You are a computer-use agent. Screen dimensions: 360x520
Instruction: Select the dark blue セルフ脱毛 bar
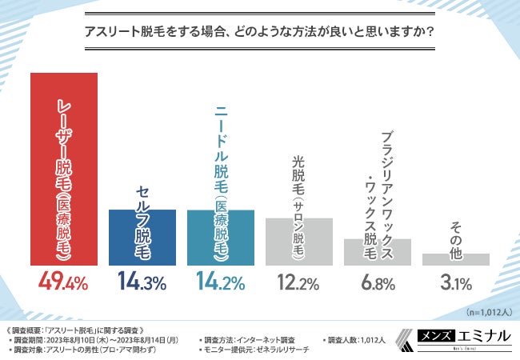coord(142,237)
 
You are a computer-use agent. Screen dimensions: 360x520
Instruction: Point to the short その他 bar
coord(455,259)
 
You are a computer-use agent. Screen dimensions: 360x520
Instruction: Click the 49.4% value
coord(64,282)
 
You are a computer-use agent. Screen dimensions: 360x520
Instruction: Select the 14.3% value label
coord(142,282)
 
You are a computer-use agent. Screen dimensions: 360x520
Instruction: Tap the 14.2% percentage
coord(220,282)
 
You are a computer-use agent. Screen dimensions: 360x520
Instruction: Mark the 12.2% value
coord(298,282)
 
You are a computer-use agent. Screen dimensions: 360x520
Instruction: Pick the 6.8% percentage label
coord(377,282)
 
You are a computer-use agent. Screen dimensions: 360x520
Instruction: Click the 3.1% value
coord(455,282)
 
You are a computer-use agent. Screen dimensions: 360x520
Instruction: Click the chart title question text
coord(260,33)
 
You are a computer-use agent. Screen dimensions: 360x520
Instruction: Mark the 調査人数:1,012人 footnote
coord(357,340)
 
